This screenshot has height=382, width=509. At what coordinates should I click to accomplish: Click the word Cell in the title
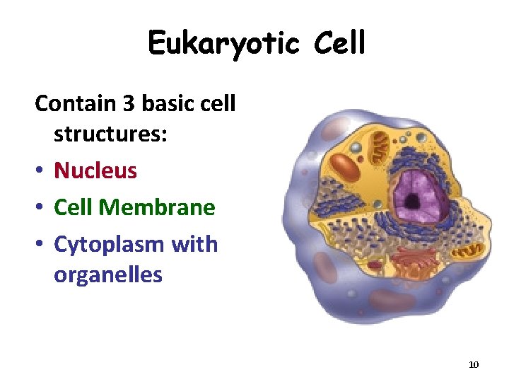(x=337, y=43)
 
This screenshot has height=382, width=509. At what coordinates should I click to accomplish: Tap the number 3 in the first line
(x=128, y=104)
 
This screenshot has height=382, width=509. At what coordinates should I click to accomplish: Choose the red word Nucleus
(x=95, y=170)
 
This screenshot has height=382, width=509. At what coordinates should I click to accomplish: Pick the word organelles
(x=108, y=274)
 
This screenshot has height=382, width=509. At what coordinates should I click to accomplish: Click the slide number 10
(x=474, y=364)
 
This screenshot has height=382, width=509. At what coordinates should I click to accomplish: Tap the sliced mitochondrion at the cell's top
(x=380, y=148)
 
